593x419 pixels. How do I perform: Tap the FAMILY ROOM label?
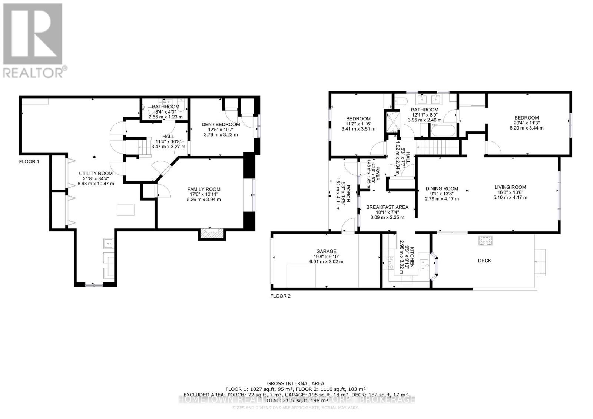[x=204, y=189]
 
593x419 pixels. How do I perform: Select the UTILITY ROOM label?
[x=96, y=173]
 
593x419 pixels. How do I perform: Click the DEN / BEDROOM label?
[x=221, y=124]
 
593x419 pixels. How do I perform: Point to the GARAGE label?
[x=326, y=251]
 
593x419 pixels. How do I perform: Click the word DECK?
[x=484, y=261]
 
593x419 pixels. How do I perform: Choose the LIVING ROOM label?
[x=510, y=187]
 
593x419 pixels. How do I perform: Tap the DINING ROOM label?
[x=442, y=188]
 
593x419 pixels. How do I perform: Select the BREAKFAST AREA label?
[x=387, y=207]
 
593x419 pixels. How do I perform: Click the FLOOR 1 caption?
[x=29, y=162]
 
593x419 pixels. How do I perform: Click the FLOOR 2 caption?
[x=281, y=296]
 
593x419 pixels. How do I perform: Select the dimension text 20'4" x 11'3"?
[x=526, y=123]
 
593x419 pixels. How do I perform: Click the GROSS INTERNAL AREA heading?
[x=296, y=383]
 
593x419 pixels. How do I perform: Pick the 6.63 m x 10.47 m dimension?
[x=96, y=184]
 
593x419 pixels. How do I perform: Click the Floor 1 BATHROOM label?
[x=165, y=107]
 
